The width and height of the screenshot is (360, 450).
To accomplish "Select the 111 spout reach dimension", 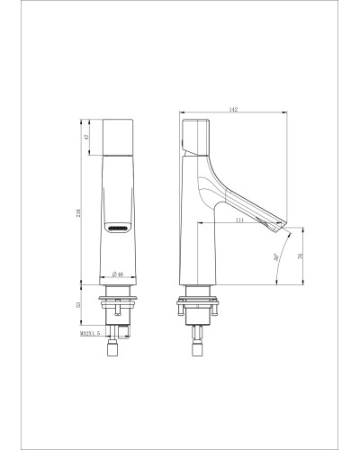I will click(240, 220).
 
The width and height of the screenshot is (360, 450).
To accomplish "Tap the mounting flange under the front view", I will click(118, 294).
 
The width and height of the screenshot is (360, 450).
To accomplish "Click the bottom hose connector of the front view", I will click(118, 347).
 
